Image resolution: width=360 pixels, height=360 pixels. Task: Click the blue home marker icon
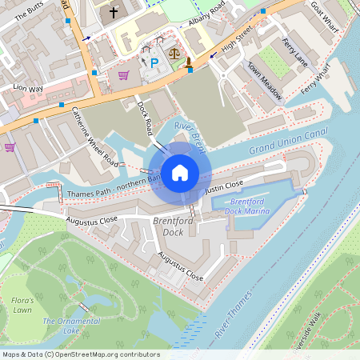click(180, 172)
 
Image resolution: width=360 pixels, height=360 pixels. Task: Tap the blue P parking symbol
click(154, 62)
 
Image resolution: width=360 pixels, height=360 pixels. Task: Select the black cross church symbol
click(114, 12)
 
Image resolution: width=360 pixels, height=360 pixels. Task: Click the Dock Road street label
click(145, 116)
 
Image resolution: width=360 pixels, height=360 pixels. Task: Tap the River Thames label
click(234, 311)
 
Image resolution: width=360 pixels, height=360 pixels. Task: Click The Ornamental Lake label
click(61, 326)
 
